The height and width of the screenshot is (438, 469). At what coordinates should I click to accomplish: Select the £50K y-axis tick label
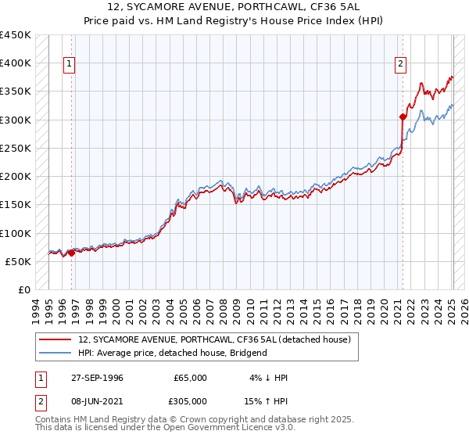[x=18, y=261]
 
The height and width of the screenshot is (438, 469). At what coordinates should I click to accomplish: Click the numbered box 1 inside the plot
[x=70, y=65]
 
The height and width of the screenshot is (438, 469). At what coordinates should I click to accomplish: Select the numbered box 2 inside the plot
[x=400, y=65]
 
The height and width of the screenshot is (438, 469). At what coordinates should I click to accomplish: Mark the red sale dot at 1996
[x=71, y=253]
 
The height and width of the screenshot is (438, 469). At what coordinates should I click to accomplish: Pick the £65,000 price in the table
[x=191, y=378]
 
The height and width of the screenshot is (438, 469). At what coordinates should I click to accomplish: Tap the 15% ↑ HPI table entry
[x=267, y=401]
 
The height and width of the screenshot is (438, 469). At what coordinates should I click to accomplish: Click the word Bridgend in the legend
[x=247, y=353]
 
